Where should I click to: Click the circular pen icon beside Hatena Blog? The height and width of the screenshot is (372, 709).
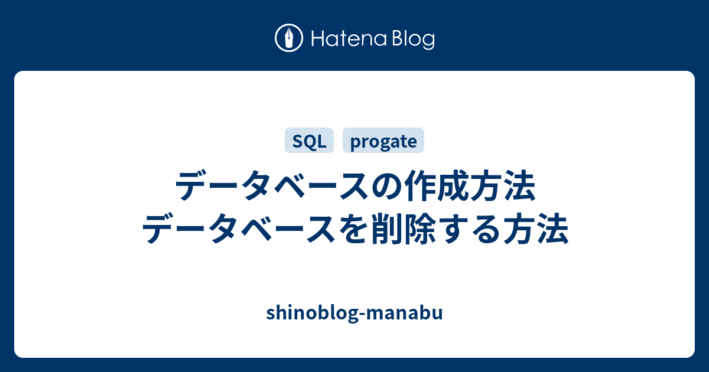(x=289, y=38)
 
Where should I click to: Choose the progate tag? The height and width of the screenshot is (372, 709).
(x=383, y=141)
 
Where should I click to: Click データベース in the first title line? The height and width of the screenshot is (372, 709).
(x=271, y=188)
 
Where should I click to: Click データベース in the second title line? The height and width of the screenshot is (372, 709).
(x=237, y=231)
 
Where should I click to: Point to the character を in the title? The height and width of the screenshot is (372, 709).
(x=351, y=231)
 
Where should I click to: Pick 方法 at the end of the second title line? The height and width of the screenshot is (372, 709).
(x=542, y=231)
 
